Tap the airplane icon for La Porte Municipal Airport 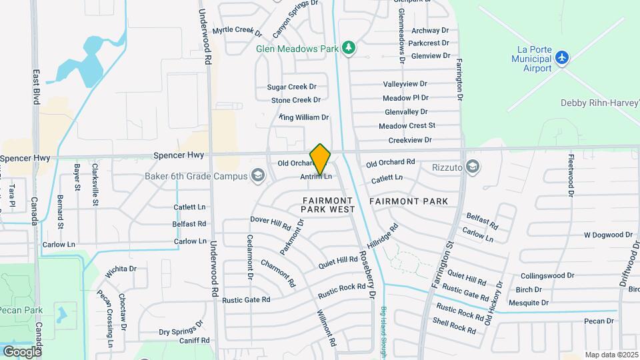(x=563, y=57)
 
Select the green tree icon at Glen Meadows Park (x=347, y=47)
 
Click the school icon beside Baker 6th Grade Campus (x=258, y=176)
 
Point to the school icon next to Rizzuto (x=473, y=167)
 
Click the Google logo (x=21, y=351)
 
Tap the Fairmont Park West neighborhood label (x=327, y=204)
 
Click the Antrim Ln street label (x=316, y=177)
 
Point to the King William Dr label (x=305, y=117)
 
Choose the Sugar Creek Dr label (x=291, y=87)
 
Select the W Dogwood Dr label (x=608, y=235)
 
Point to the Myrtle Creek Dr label (x=237, y=31)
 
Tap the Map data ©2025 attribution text (x=610, y=355)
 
